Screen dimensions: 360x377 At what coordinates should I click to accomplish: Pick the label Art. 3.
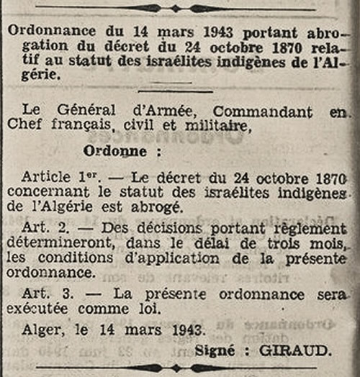click(x=40, y=294)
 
